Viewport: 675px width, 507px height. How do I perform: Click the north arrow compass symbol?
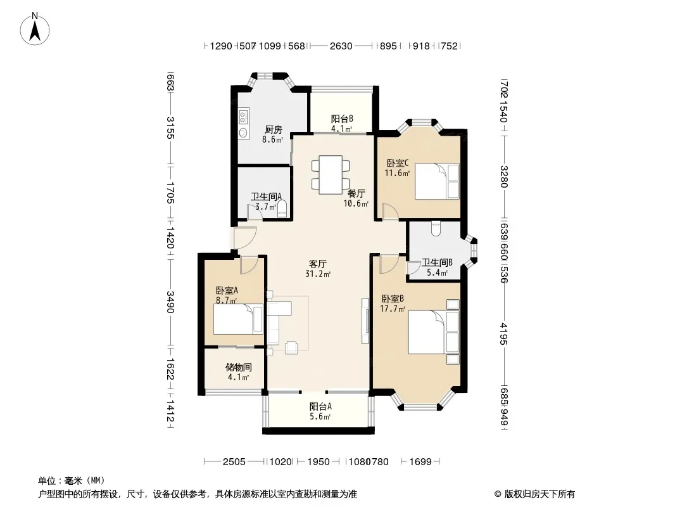[35, 29]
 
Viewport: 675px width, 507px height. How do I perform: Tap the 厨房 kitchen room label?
[273, 129]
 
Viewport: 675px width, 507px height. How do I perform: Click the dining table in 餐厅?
[331, 174]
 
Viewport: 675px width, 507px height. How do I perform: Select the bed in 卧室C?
[437, 181]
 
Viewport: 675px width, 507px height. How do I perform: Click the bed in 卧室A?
[238, 319]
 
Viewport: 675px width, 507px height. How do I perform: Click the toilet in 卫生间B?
[435, 228]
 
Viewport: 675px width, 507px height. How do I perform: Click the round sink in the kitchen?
[243, 132]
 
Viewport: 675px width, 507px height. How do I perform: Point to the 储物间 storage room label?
[239, 368]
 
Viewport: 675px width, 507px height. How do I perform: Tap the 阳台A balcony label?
[320, 406]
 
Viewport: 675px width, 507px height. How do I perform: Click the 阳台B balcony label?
[342, 119]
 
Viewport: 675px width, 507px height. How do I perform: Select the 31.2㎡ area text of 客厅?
[318, 274]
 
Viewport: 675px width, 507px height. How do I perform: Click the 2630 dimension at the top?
[341, 46]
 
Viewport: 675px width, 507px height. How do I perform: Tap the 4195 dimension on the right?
[503, 334]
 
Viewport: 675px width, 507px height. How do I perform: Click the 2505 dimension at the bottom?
[234, 462]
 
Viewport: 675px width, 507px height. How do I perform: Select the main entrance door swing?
[244, 238]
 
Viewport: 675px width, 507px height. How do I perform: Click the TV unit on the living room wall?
[365, 321]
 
